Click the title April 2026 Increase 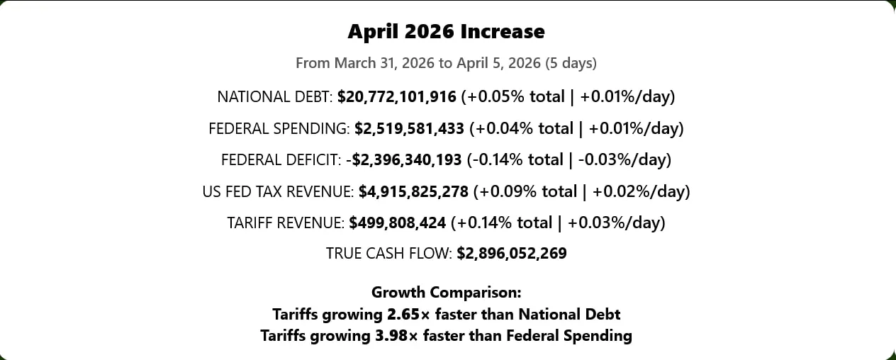(446, 32)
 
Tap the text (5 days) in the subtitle (571, 63)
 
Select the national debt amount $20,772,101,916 (397, 97)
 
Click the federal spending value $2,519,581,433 (409, 129)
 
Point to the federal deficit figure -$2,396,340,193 (404, 160)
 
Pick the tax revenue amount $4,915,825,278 (413, 191)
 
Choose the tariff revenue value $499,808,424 (397, 223)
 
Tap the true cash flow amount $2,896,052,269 (512, 254)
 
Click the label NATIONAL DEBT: (275, 97)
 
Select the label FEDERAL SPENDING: (279, 129)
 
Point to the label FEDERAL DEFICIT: (281, 160)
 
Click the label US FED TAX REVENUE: (278, 191)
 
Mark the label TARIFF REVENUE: (286, 223)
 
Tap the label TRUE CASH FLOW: (388, 254)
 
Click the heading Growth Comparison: (447, 293)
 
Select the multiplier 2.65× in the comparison (408, 315)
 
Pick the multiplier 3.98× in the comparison (396, 336)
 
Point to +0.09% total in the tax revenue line (528, 191)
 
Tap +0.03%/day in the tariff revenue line (614, 223)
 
